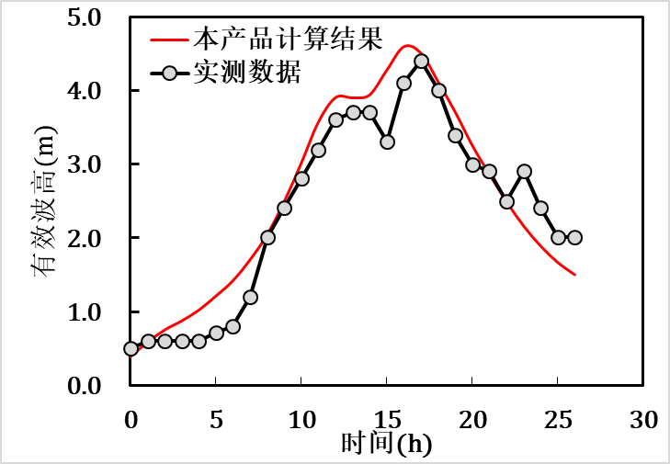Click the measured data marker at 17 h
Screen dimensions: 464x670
click(x=421, y=62)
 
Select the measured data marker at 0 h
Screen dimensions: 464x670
click(x=131, y=348)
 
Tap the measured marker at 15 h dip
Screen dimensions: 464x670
click(x=387, y=141)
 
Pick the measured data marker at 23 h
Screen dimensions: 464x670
click(x=524, y=171)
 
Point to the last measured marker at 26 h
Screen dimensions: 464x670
click(x=574, y=237)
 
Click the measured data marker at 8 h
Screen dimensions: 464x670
click(x=267, y=237)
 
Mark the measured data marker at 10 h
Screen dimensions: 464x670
click(x=301, y=178)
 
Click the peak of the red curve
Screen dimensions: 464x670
click(x=408, y=45)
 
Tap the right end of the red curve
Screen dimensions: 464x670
click(x=574, y=274)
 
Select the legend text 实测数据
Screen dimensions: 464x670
click(x=245, y=72)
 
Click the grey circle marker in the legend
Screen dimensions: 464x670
click(x=167, y=73)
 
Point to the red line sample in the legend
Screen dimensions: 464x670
click(x=167, y=40)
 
